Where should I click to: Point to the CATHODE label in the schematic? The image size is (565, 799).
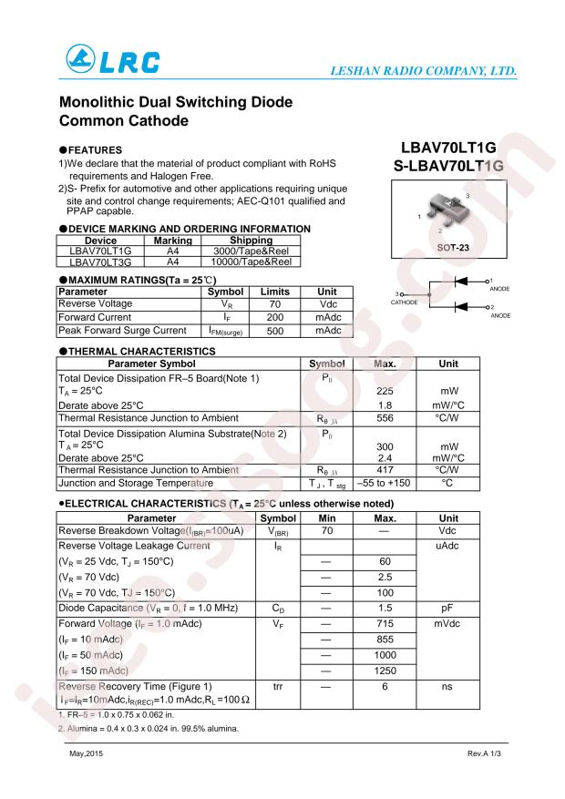click(x=404, y=302)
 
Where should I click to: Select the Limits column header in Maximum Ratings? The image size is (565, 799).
click(x=274, y=292)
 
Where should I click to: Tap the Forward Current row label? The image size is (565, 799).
click(x=95, y=317)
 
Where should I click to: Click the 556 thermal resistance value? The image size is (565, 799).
click(x=385, y=417)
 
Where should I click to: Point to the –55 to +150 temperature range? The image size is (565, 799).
click(x=385, y=483)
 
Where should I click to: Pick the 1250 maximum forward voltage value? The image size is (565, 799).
click(x=385, y=671)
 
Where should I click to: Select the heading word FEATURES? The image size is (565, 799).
click(x=103, y=149)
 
